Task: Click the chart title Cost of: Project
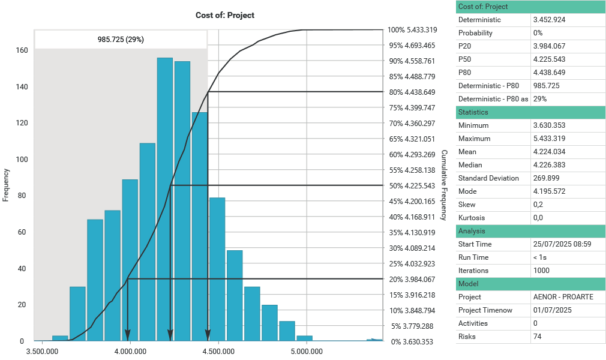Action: tap(225, 15)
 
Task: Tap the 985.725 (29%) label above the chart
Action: tap(121, 40)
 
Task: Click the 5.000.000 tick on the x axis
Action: tap(307, 352)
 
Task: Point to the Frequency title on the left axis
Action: tap(6, 184)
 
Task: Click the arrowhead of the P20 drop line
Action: tap(128, 336)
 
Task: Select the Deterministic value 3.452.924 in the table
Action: tap(549, 20)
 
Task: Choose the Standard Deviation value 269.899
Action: tap(549, 178)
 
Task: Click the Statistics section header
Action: tap(473, 112)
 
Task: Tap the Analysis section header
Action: tap(472, 231)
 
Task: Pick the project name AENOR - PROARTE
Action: tap(563, 297)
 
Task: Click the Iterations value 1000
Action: tap(542, 271)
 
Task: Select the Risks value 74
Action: tap(538, 337)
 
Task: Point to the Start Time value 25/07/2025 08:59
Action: tap(562, 244)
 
